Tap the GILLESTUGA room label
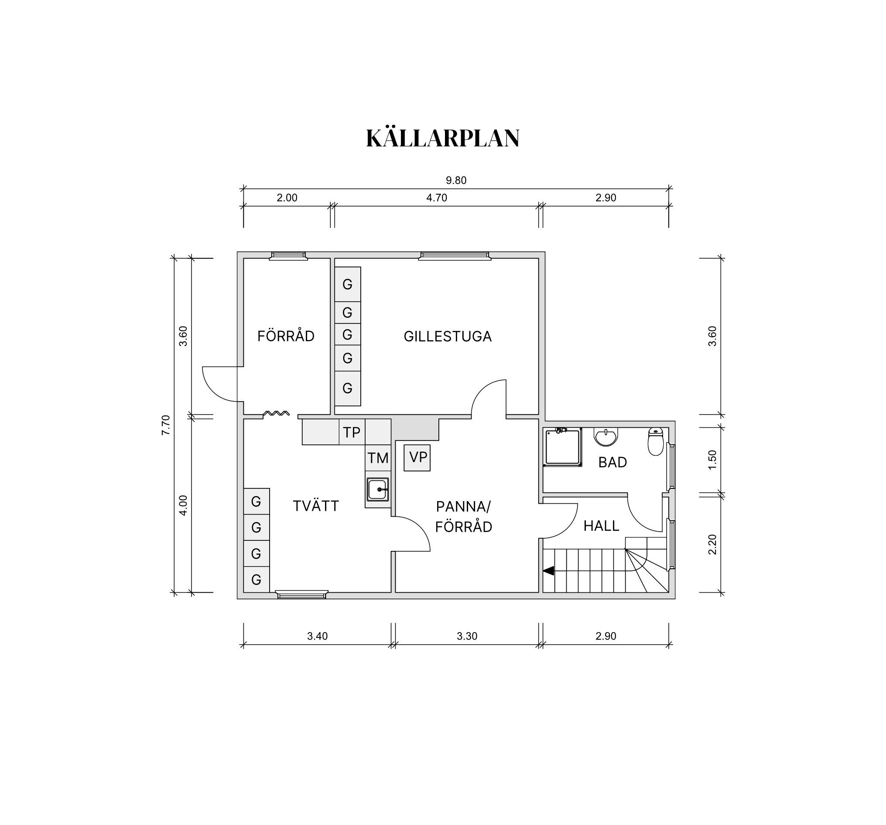pyautogui.click(x=448, y=336)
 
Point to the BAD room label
pyautogui.click(x=612, y=462)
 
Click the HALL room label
pyautogui.click(x=601, y=526)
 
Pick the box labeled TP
pyautogui.click(x=352, y=432)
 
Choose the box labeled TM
pyautogui.click(x=378, y=458)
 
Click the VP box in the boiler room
pyautogui.click(x=417, y=457)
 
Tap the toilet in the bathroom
pyautogui.click(x=656, y=441)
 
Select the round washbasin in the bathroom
pyautogui.click(x=606, y=437)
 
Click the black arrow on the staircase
pyautogui.click(x=548, y=571)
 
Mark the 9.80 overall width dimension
pyautogui.click(x=456, y=181)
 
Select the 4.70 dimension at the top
pyautogui.click(x=436, y=198)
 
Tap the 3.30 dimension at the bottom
pyautogui.click(x=467, y=636)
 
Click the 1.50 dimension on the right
pyautogui.click(x=712, y=459)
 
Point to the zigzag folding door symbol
pyautogui.click(x=276, y=413)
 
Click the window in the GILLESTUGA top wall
pyautogui.click(x=455, y=255)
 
